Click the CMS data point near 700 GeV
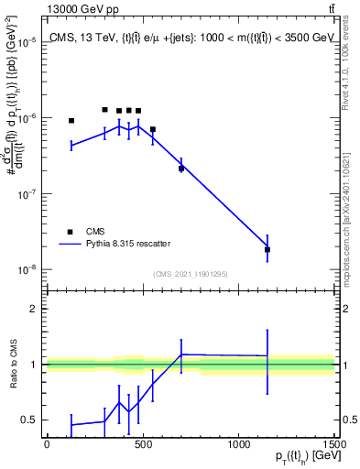click(181, 169)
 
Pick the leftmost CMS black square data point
click(71, 121)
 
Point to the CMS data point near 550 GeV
click(152, 129)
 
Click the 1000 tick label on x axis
click(238, 445)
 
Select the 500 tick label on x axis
click(142, 445)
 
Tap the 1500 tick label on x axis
click(334, 445)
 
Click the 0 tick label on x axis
click(47, 445)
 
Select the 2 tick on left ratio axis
click(33, 309)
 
